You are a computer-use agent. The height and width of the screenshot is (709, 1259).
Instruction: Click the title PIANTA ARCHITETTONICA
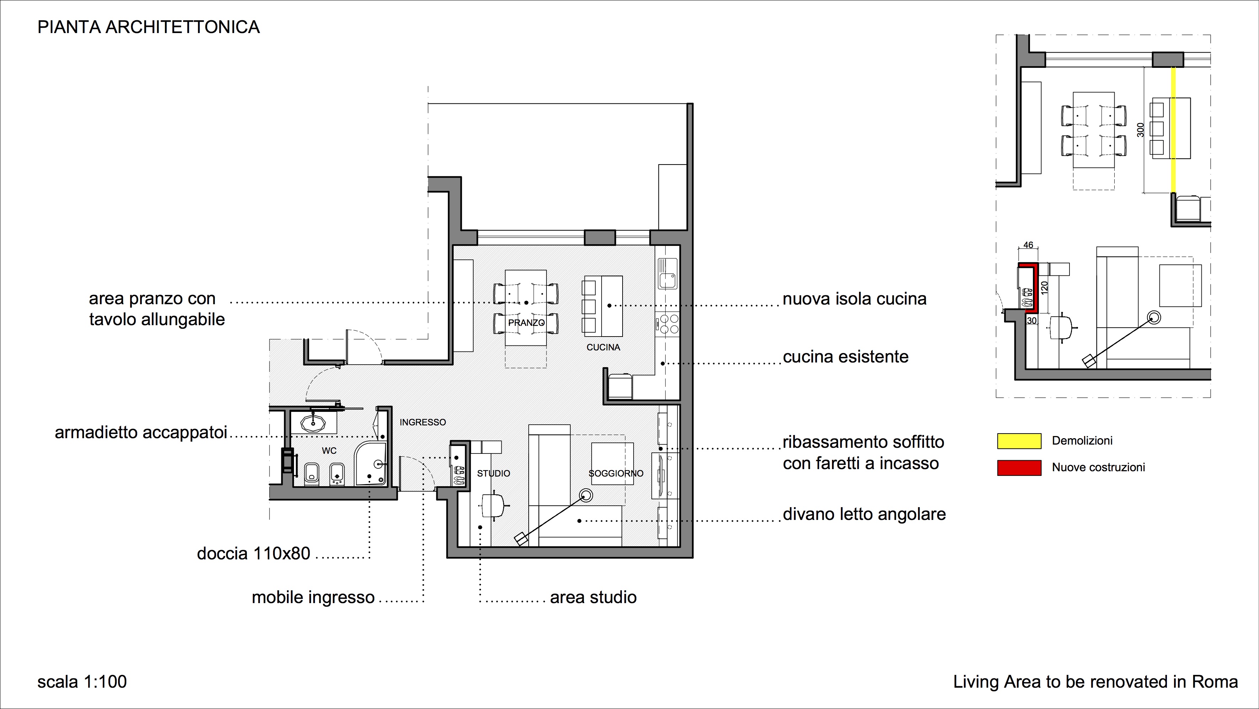tap(149, 27)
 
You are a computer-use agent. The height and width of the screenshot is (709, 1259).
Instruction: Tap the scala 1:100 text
tap(82, 682)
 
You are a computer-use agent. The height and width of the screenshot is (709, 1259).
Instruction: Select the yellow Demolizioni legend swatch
tap(1019, 441)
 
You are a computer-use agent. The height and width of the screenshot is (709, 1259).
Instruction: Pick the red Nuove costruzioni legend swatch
tap(1019, 468)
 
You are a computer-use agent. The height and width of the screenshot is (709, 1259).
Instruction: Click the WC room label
tap(329, 451)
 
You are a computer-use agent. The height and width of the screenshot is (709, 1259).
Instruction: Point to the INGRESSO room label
tap(423, 422)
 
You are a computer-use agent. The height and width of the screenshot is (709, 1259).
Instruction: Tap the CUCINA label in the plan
tap(603, 348)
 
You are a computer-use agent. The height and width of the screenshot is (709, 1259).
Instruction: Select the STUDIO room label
tap(494, 473)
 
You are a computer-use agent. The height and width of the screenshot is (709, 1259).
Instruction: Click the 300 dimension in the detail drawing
tap(1140, 129)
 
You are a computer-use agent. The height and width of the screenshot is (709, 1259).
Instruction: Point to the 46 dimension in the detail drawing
tap(1028, 245)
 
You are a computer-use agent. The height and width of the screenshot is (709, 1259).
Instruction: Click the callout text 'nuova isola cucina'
tap(854, 299)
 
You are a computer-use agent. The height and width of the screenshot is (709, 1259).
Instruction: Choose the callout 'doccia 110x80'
tap(254, 554)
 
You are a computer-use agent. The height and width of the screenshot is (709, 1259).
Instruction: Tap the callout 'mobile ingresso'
tap(313, 597)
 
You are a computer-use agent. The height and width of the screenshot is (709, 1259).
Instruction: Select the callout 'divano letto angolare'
tap(864, 514)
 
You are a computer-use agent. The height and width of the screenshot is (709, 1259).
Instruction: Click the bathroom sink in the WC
tap(313, 423)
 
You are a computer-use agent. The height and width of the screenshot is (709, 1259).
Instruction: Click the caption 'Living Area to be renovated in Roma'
tap(1095, 682)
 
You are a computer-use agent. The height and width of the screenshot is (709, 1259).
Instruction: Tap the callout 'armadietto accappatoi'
tap(141, 433)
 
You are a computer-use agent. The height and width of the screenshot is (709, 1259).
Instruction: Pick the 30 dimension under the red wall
tap(1031, 321)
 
